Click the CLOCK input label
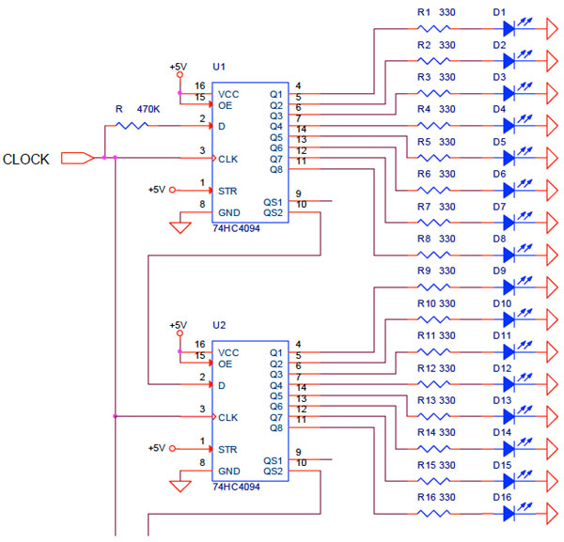pos(25,159)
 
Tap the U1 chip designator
pos(219,67)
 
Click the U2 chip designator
pos(219,325)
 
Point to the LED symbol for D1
pos(509,28)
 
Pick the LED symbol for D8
pos(509,254)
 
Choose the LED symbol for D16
pos(509,512)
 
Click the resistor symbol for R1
pos(434,28)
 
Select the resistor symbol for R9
pos(434,286)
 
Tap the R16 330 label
pos(433,496)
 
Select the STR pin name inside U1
pos(228,190)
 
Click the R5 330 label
pos(433,141)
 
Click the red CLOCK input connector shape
pos(77,158)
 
